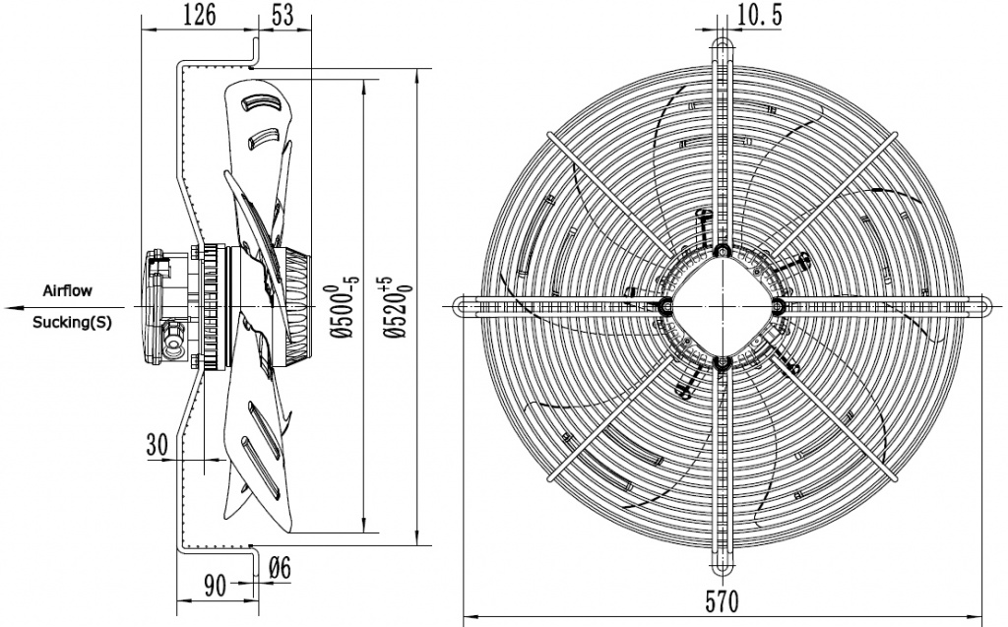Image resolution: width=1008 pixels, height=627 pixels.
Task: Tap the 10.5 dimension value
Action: click(759, 14)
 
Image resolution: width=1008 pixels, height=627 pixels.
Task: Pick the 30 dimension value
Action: click(157, 445)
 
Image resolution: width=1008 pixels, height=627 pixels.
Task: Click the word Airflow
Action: click(68, 292)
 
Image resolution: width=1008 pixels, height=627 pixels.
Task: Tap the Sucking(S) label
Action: click(71, 322)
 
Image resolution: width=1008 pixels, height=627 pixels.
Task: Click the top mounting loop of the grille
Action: click(722, 44)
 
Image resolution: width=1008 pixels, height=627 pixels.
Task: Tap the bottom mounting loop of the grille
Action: click(722, 567)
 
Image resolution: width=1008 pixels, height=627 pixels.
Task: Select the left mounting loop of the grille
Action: click(465, 307)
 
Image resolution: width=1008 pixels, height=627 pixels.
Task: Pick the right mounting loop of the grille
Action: click(978, 307)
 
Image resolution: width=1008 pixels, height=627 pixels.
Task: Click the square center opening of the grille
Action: click(722, 306)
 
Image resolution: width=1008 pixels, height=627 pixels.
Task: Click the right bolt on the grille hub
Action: click(778, 307)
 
